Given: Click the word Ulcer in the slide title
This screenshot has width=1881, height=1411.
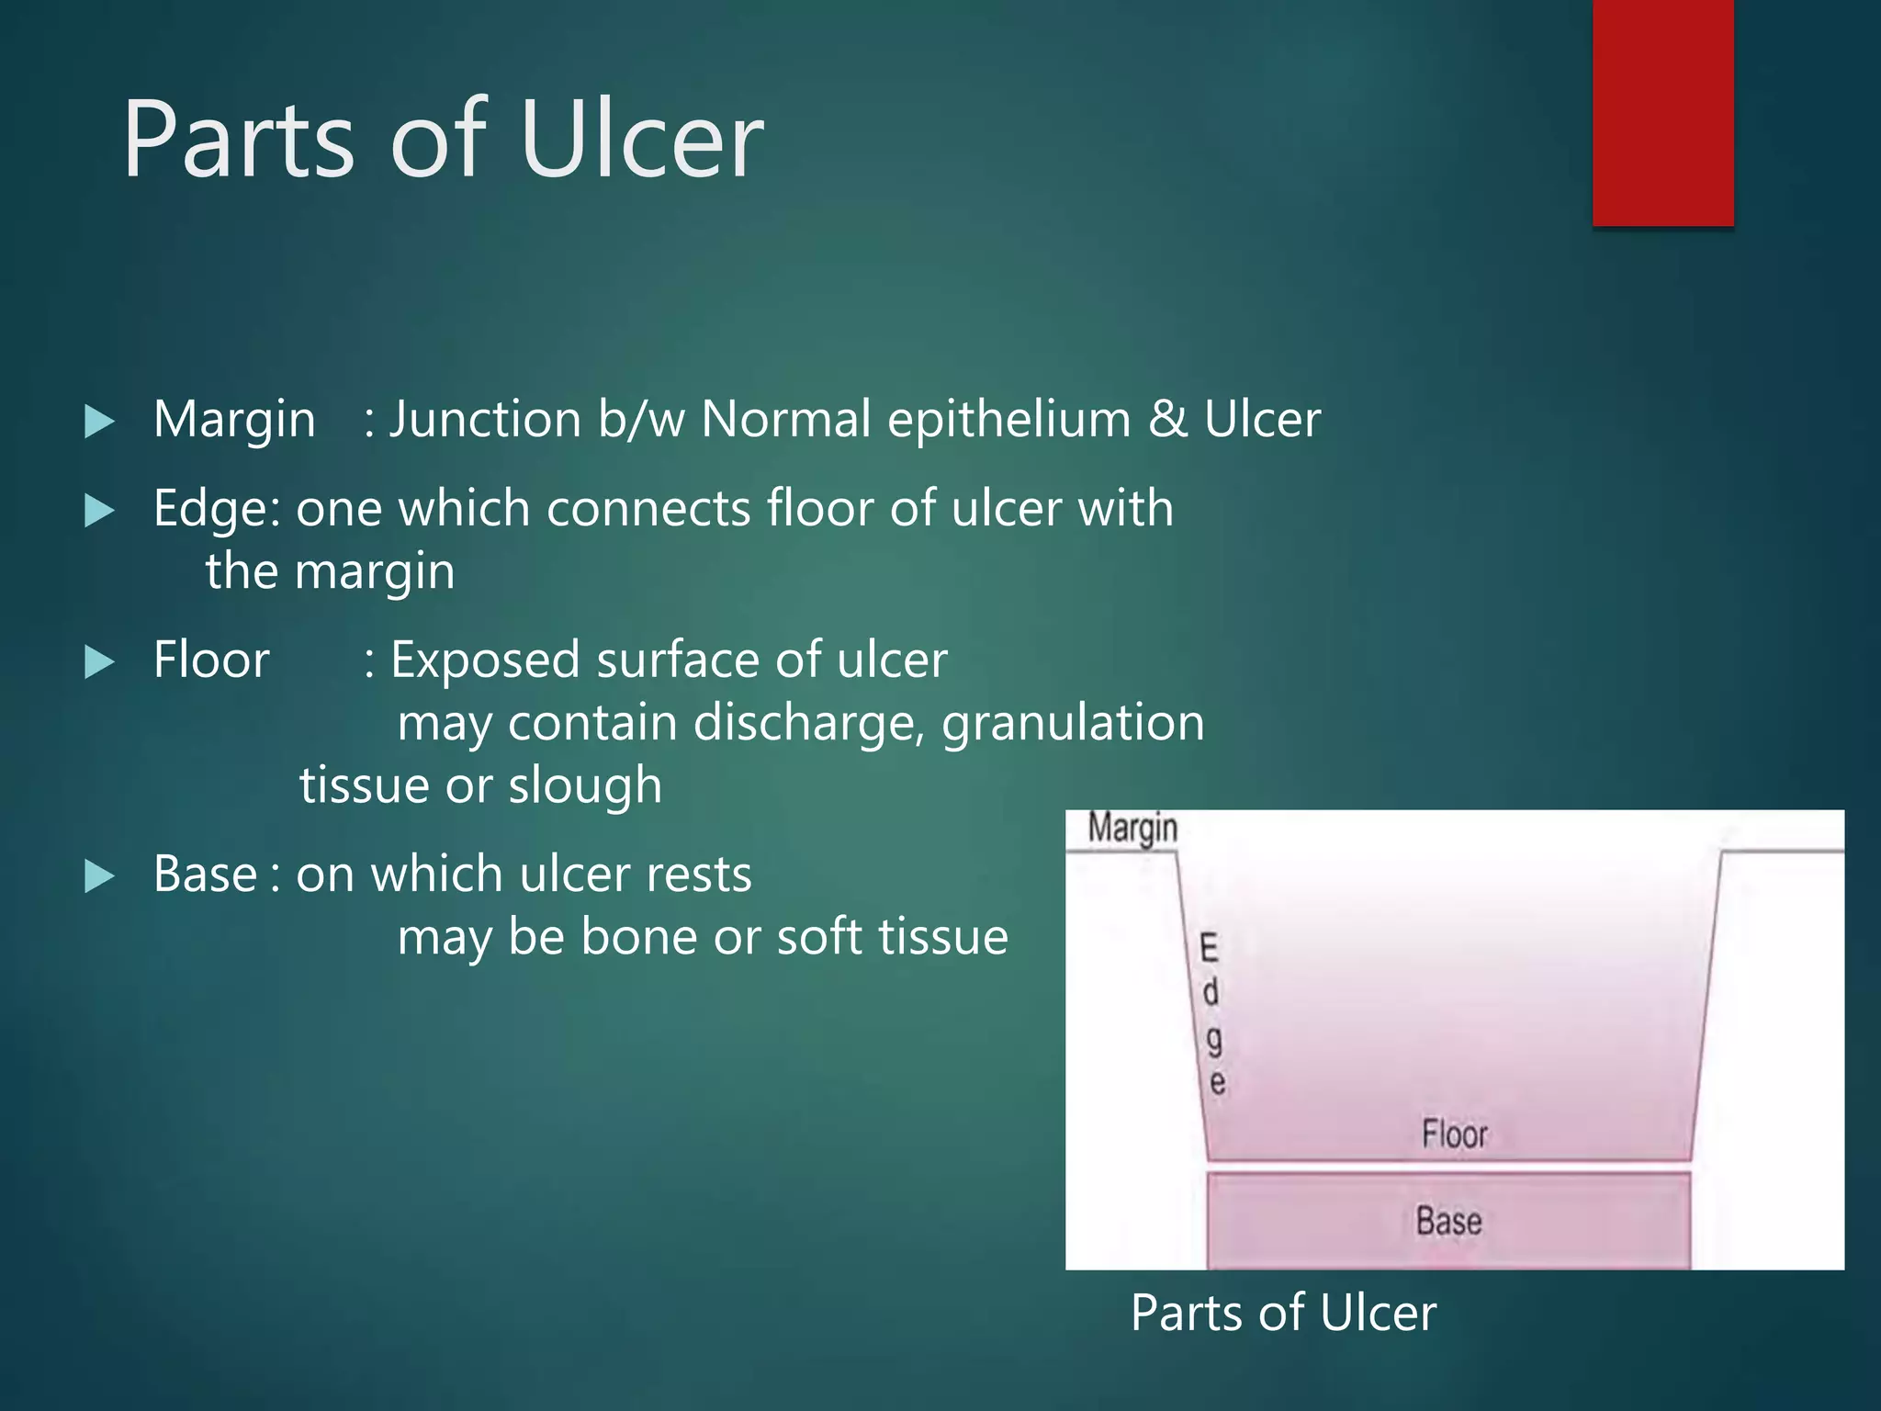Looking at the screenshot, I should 640,140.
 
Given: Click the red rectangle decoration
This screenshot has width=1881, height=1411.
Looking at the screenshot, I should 1662,112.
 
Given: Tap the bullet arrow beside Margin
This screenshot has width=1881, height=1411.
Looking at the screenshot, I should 99,422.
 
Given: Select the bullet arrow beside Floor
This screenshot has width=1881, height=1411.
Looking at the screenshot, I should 99,661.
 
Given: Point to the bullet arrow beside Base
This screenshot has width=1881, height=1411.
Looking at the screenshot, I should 99,875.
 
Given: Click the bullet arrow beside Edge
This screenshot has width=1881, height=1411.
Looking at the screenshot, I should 99,511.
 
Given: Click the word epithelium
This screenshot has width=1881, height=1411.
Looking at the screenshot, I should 1008,420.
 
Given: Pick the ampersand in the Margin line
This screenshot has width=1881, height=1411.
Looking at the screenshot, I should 1167,420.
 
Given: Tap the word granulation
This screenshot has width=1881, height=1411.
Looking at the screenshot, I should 1073,722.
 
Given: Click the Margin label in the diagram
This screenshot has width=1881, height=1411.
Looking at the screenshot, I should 1132,828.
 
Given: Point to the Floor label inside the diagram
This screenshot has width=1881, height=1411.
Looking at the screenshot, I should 1454,1134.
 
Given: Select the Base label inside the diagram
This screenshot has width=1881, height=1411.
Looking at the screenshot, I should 1448,1221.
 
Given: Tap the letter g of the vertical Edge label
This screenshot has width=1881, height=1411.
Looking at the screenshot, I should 1214,1040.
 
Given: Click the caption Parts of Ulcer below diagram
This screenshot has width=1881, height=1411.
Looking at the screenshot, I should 1283,1312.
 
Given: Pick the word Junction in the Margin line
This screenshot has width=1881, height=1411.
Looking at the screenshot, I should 485,421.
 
